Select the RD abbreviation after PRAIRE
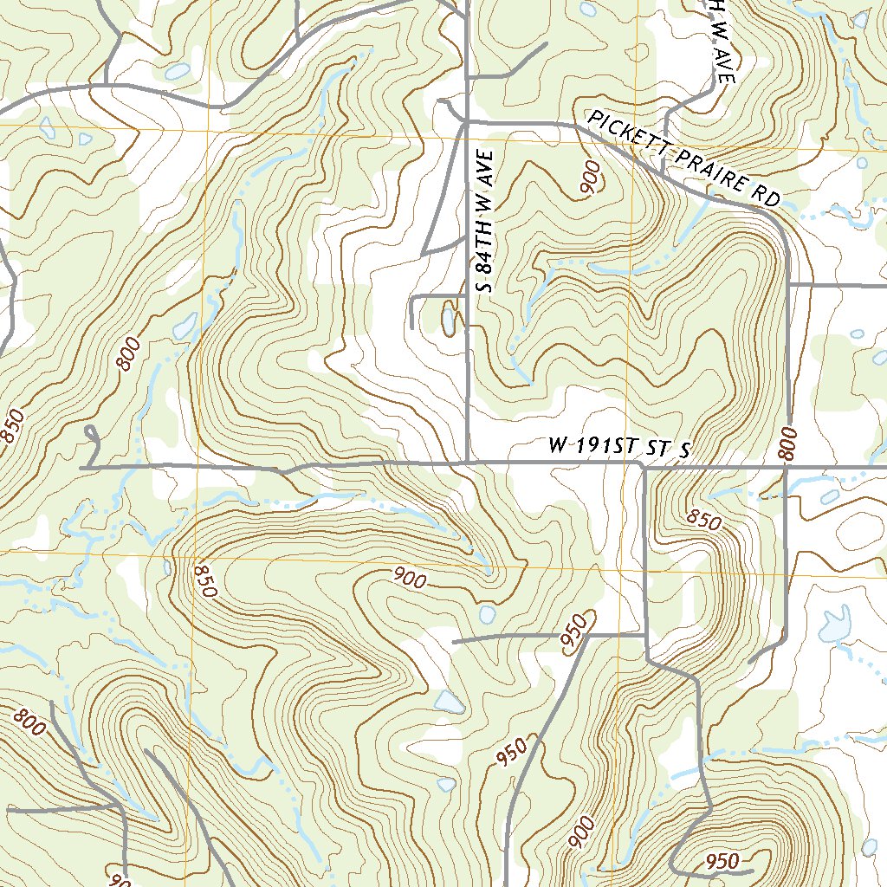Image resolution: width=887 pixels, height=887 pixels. pyautogui.click(x=767, y=197)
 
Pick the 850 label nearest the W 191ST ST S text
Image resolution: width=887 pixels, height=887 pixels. pyautogui.click(x=704, y=519)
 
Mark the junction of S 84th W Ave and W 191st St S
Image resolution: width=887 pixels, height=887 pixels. pyautogui.click(x=468, y=463)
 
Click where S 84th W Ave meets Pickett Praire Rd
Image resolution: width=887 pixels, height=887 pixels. pyautogui.click(x=468, y=123)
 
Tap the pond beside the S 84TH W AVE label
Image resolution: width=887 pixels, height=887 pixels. pyautogui.click(x=448, y=319)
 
